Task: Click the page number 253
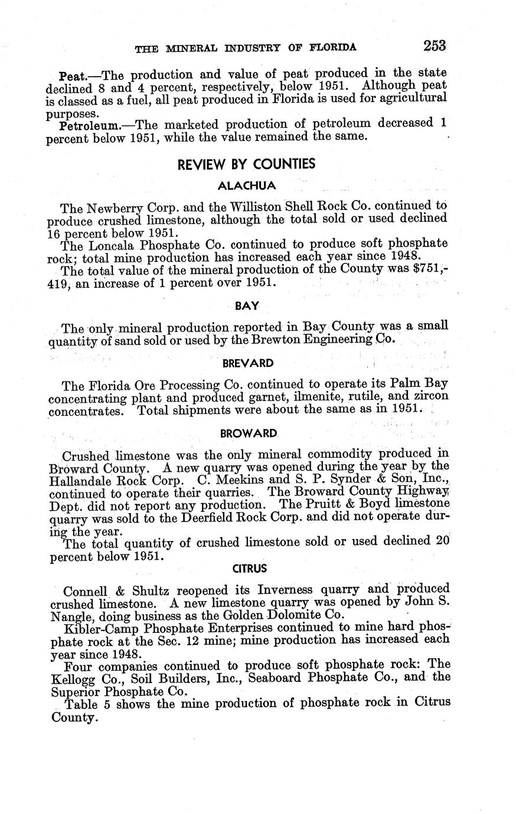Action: coord(434,45)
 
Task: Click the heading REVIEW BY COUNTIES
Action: coord(246,164)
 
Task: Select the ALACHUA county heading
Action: coord(246,186)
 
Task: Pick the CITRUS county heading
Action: coord(249,569)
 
